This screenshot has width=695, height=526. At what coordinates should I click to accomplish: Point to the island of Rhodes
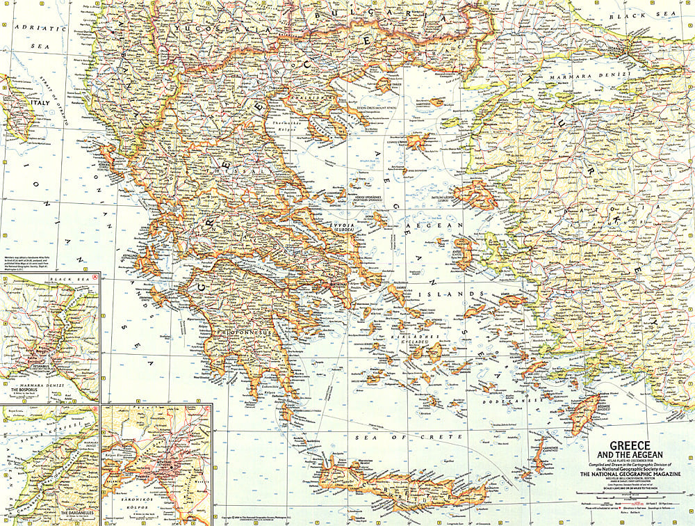587,411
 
